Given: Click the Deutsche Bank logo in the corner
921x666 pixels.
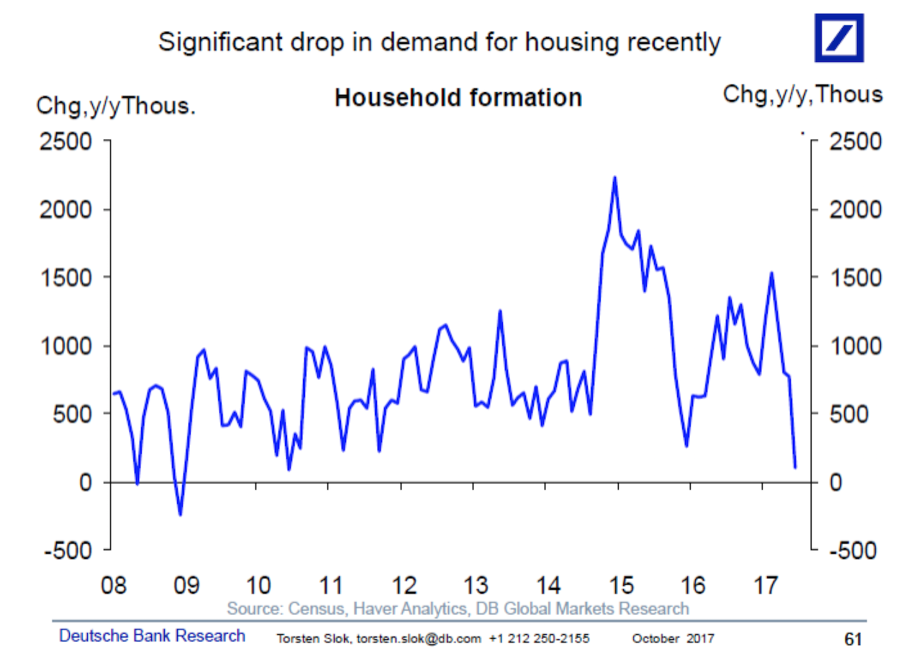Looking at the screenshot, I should (838, 37).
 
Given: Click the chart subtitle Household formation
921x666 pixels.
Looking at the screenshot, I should (458, 97).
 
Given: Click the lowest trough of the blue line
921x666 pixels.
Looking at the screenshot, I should (180, 514).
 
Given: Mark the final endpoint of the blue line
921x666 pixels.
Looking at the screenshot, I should (795, 467).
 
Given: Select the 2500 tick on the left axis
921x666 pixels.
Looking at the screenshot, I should (65, 141).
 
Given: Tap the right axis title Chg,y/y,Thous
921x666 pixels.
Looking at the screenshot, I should (802, 94).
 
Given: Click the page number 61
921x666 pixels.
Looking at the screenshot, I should (853, 639).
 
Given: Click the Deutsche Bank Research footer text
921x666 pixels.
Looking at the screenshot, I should (152, 636).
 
